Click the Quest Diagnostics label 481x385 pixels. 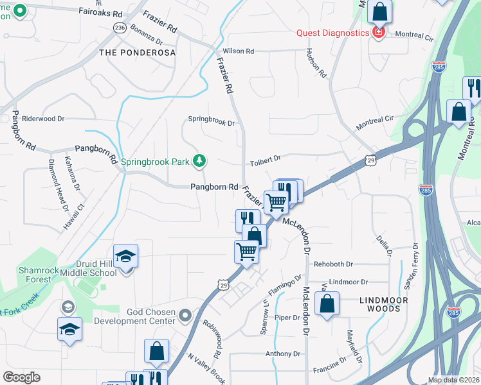332,33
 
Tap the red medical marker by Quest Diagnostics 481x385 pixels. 378,32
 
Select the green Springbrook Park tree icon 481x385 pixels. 200,160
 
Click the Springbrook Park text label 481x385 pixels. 155,162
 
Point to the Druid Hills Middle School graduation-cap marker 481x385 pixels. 126,257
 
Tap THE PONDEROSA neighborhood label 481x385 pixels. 138,53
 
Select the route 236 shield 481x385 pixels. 120,28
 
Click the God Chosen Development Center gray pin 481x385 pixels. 186,315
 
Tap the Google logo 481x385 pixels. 22,377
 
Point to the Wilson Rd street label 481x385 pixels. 239,51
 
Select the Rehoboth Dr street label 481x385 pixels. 333,264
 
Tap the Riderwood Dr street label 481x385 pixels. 43,119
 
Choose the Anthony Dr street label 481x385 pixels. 283,354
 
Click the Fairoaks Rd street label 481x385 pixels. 100,12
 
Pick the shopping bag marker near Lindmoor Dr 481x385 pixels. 327,304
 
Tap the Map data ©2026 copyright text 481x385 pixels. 453,380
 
